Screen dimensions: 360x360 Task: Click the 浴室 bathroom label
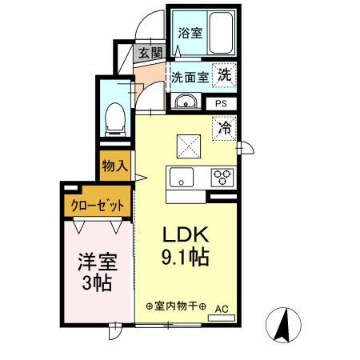pyautogui.click(x=190, y=33)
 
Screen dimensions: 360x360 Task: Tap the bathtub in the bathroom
pyautogui.click(x=221, y=33)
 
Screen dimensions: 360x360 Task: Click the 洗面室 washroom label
pyautogui.click(x=190, y=78)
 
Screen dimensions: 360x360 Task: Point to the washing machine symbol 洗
pyautogui.click(x=224, y=75)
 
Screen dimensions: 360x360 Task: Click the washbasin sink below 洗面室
pyautogui.click(x=186, y=102)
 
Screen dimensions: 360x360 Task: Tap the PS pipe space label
pyautogui.click(x=221, y=103)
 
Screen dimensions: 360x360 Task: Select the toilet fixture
pyautogui.click(x=115, y=119)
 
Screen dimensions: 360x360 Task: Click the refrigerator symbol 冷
pyautogui.click(x=224, y=129)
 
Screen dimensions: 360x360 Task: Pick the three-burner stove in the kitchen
pyautogui.click(x=222, y=178)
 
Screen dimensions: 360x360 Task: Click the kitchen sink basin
pyautogui.click(x=182, y=178)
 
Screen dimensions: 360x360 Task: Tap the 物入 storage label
pyautogui.click(x=115, y=166)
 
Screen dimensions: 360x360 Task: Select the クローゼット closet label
pyautogui.click(x=98, y=206)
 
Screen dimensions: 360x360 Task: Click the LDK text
pyautogui.click(x=186, y=234)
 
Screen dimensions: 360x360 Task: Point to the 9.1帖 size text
pyautogui.click(x=186, y=257)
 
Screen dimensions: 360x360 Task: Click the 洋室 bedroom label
pyautogui.click(x=98, y=262)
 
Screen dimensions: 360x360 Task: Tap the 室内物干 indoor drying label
pyautogui.click(x=176, y=306)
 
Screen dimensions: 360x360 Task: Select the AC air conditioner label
pyautogui.click(x=222, y=309)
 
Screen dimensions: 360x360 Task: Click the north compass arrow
pyautogui.click(x=283, y=325)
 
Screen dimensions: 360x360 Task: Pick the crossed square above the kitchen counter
pyautogui.click(x=189, y=146)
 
